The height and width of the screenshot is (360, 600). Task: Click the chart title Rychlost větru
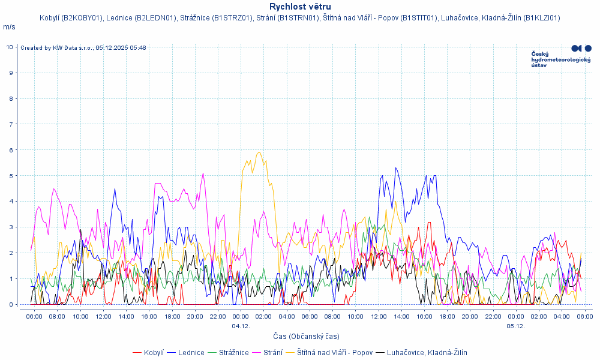click(300, 7)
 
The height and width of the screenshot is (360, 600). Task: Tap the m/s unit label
click(9, 27)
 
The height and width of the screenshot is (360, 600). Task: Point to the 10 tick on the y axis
click(10, 47)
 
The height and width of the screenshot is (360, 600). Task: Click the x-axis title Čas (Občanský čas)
click(306, 336)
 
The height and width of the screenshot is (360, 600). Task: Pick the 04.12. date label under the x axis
click(241, 326)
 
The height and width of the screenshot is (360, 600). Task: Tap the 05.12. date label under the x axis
click(515, 326)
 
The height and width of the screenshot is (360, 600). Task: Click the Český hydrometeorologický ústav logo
click(561, 56)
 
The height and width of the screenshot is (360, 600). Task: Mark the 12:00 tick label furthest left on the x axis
click(103, 316)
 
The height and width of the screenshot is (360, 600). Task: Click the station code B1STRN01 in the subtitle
click(298, 18)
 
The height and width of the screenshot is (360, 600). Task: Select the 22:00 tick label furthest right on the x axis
click(493, 316)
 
